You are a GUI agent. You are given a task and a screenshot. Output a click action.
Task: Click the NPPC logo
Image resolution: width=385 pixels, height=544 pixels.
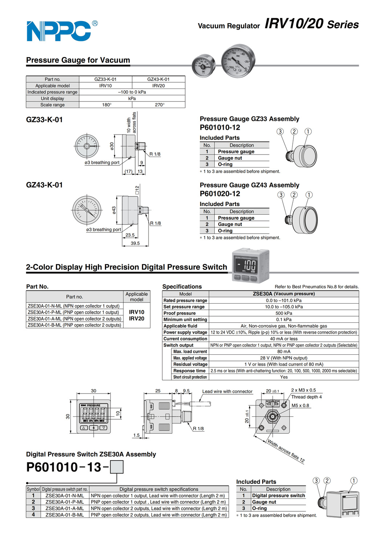[x=61, y=31]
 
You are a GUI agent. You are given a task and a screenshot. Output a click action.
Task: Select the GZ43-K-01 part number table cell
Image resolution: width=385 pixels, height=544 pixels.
[x=158, y=79]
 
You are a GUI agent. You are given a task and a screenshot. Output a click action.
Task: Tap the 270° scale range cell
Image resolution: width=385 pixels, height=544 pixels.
[x=159, y=105]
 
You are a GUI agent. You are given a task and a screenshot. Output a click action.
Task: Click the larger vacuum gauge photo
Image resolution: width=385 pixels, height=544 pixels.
[x=238, y=61]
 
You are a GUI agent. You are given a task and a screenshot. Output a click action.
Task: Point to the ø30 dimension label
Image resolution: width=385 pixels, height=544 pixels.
[x=112, y=146]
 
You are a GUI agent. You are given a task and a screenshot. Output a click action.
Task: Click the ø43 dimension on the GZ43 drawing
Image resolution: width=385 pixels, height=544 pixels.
[x=114, y=210]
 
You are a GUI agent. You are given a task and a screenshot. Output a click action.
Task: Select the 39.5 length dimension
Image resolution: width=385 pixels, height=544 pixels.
[x=135, y=243]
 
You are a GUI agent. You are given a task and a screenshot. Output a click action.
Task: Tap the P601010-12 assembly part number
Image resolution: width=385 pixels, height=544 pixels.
[x=220, y=128]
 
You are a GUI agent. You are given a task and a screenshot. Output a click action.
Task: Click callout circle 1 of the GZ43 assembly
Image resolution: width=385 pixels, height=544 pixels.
[x=309, y=195]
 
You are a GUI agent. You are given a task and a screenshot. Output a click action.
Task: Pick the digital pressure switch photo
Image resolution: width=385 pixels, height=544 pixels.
[x=251, y=266]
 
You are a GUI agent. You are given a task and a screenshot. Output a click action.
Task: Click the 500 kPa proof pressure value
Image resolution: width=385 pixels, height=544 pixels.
[x=284, y=313]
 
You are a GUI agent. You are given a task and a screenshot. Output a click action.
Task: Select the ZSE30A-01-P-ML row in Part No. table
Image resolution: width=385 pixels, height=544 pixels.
[x=73, y=312]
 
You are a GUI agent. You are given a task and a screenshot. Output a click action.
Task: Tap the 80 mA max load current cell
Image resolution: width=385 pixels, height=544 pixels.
[x=284, y=351]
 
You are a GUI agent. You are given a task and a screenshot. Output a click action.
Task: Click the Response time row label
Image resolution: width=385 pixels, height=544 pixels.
[x=189, y=371]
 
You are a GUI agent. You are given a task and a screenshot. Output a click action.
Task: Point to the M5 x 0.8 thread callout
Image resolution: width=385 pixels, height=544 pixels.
[x=300, y=405]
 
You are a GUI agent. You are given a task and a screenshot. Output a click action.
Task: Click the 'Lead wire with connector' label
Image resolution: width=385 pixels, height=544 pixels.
[x=227, y=392]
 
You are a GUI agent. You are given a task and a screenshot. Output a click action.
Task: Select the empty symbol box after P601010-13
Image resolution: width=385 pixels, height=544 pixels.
[x=117, y=467]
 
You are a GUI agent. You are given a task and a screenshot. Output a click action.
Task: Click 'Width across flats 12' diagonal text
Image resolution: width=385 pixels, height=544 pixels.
[x=286, y=451]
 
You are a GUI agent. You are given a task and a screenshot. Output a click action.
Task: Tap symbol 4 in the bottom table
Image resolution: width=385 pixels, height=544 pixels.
[x=33, y=515]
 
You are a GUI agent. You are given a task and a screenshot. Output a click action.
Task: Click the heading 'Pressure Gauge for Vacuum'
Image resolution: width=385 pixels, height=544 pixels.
[x=78, y=60]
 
